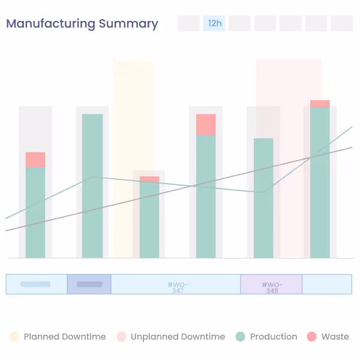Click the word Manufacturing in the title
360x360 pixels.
(x=51, y=24)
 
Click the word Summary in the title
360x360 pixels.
(x=128, y=24)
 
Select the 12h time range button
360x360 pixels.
(x=214, y=23)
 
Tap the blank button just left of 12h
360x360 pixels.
(x=188, y=23)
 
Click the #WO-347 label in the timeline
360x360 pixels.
(x=178, y=287)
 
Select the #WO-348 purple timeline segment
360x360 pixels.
(x=271, y=284)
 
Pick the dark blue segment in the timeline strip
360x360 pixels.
(x=89, y=284)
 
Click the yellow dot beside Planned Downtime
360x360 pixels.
(x=14, y=337)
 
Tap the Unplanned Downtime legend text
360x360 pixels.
(x=178, y=337)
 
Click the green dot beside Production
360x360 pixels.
(x=241, y=337)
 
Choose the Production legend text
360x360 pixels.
(x=274, y=337)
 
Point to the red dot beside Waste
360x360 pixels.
(x=311, y=337)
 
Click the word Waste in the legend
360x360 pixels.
(x=335, y=337)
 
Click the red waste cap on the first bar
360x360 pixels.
(x=35, y=160)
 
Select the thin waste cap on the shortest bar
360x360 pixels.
(x=149, y=179)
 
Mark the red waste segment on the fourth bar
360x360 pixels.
(x=206, y=124)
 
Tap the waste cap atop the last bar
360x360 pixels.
(x=320, y=103)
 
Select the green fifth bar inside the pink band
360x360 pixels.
(x=263, y=198)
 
